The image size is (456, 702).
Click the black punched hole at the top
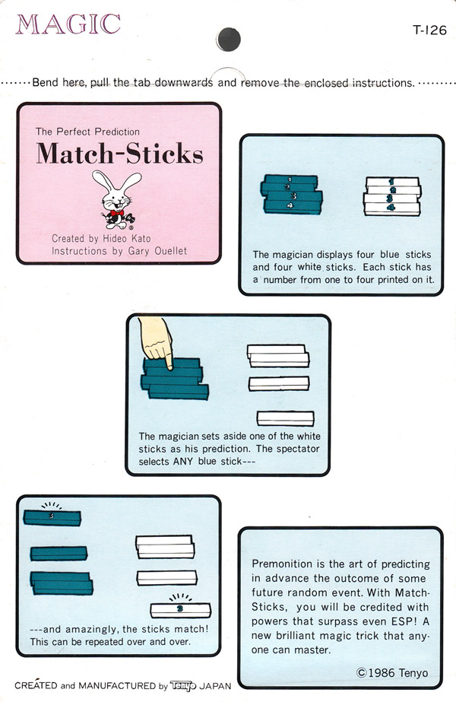click(228, 37)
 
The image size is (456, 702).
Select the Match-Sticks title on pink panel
click(119, 154)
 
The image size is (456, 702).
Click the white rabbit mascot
click(116, 199)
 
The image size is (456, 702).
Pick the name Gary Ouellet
click(157, 251)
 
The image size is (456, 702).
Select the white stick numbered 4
click(392, 208)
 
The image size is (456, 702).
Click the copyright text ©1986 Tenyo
click(392, 672)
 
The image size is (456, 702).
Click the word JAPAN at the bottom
click(216, 685)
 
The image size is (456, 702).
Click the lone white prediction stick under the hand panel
click(285, 418)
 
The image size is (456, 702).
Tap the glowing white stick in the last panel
click(179, 608)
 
